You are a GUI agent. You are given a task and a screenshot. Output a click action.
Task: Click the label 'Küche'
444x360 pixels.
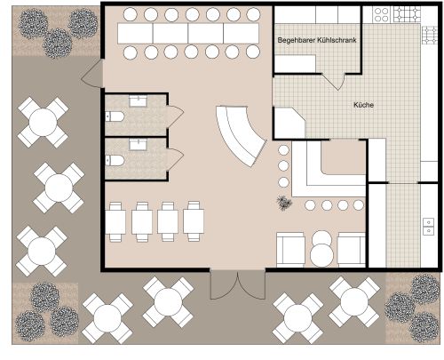pyautogui.click(x=363, y=105)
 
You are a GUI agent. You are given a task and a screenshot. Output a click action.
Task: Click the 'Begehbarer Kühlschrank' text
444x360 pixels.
pyautogui.click(x=317, y=40)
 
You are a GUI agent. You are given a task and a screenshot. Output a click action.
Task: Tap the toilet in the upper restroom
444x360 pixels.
pyautogui.click(x=115, y=116)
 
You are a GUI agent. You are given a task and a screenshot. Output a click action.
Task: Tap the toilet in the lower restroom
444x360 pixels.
pyautogui.click(x=115, y=160)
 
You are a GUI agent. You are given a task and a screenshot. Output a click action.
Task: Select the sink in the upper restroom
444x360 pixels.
pyautogui.click(x=138, y=101)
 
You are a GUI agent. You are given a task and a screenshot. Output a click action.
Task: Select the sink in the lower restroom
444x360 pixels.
pyautogui.click(x=138, y=145)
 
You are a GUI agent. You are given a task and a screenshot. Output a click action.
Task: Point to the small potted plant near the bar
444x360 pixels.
pyautogui.click(x=284, y=204)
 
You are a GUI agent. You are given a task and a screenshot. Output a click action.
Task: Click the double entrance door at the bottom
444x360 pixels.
pyautogui.click(x=237, y=284)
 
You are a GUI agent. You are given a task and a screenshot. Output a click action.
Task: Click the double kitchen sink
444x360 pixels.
pyautogui.click(x=428, y=227)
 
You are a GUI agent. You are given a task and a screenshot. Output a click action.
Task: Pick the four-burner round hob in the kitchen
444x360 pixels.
pyautogui.click(x=381, y=15)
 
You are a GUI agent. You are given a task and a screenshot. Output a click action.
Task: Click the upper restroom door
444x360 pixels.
pyautogui.click(x=175, y=116)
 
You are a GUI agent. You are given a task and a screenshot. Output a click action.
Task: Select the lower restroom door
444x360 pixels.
pyautogui.click(x=175, y=160)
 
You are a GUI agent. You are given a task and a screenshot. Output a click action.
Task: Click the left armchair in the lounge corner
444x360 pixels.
pyautogui.click(x=290, y=250)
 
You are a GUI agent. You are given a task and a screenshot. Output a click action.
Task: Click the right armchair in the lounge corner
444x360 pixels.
pyautogui.click(x=352, y=250)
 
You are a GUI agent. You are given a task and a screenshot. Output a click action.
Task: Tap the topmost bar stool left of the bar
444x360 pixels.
pyautogui.click(x=283, y=150)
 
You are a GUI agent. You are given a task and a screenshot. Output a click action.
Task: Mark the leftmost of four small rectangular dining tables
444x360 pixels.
pyautogui.click(x=115, y=221)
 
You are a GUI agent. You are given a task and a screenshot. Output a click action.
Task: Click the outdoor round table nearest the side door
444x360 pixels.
pyautogui.click(x=43, y=122)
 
